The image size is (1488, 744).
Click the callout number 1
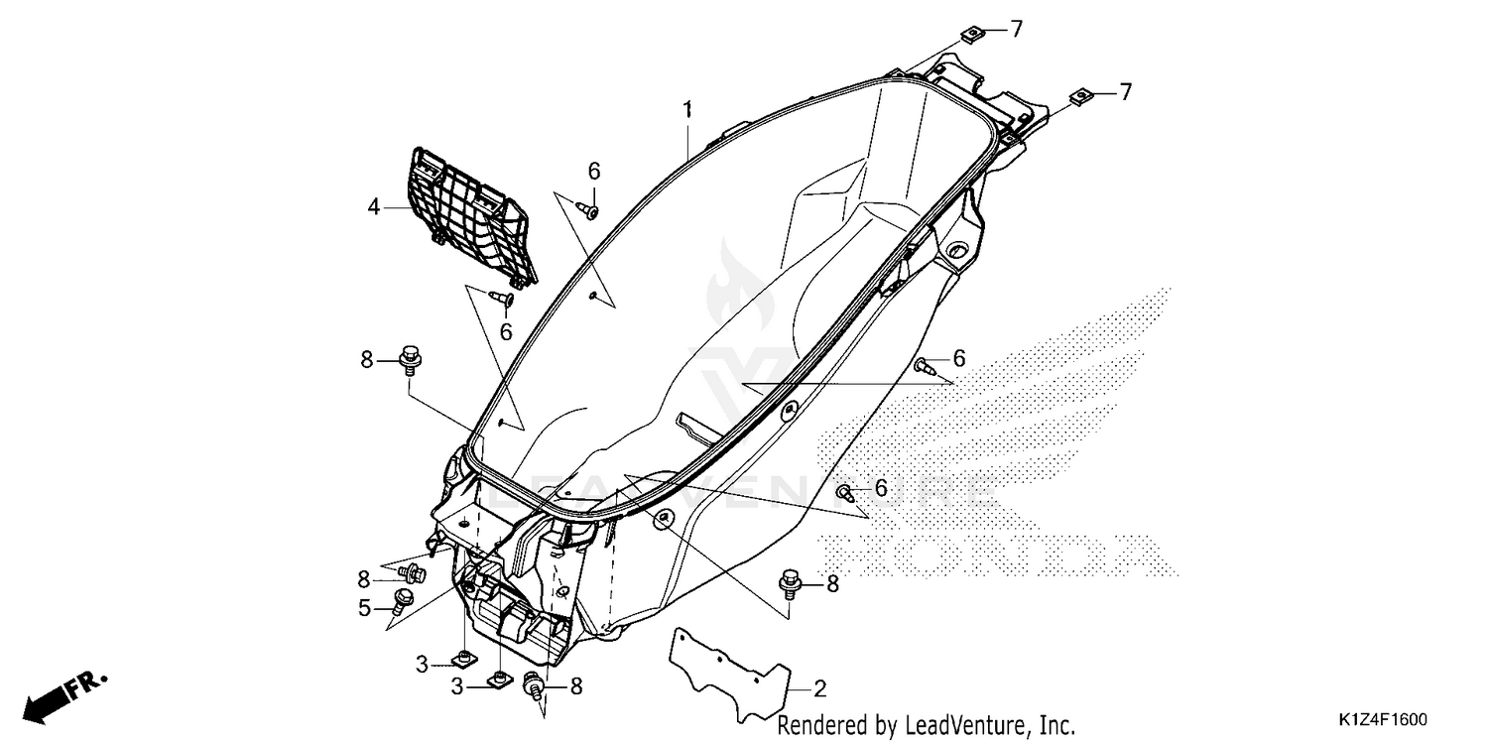[687, 109]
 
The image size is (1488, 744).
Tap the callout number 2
[820, 688]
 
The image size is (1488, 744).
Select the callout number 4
[374, 207]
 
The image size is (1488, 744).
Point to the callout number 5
[364, 608]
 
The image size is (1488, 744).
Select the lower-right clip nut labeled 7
[1081, 97]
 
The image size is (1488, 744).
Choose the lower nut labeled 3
[498, 680]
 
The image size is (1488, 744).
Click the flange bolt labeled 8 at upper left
[410, 359]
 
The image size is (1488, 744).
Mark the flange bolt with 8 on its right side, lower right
[790, 582]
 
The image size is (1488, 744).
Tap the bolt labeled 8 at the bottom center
[534, 684]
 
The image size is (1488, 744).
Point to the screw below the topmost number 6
[588, 211]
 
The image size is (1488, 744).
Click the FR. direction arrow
[64, 697]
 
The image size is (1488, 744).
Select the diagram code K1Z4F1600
[1383, 719]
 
